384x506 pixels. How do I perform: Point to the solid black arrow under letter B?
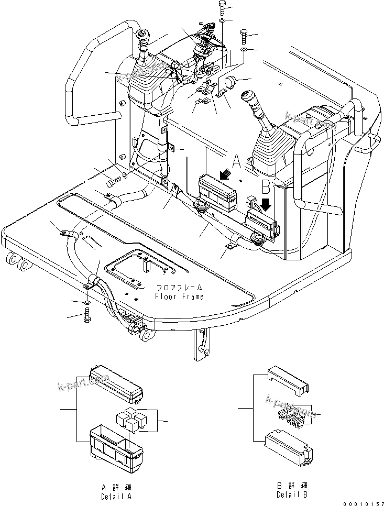(267, 204)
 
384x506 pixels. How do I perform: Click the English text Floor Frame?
(179, 296)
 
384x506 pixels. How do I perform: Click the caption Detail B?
(292, 494)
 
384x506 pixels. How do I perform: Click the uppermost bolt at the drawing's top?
(221, 7)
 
